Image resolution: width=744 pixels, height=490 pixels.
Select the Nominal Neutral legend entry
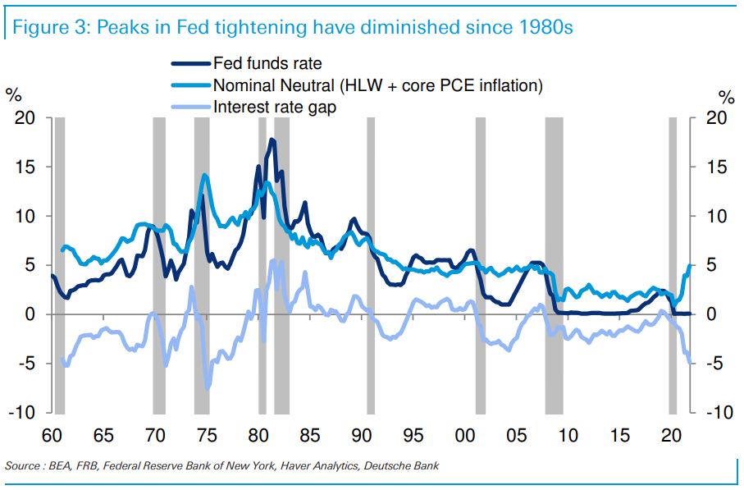click(x=377, y=85)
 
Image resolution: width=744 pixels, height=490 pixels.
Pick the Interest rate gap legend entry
click(x=274, y=107)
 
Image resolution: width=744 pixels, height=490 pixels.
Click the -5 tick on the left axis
click(x=25, y=364)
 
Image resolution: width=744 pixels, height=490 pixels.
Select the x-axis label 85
click(x=310, y=435)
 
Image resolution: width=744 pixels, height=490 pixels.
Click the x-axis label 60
click(x=52, y=435)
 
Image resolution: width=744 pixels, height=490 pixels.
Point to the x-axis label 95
click(x=413, y=435)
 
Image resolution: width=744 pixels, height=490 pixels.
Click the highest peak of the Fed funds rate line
click(x=272, y=140)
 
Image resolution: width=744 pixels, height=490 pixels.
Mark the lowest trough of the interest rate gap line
click(x=208, y=387)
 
